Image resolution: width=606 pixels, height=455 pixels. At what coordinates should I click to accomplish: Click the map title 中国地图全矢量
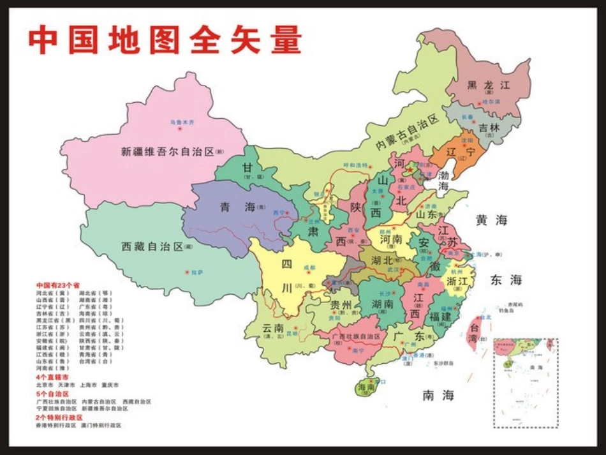[165, 40]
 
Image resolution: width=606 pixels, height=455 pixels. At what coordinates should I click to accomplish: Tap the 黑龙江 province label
[489, 85]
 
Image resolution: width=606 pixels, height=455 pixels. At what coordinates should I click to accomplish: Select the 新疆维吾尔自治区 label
[167, 152]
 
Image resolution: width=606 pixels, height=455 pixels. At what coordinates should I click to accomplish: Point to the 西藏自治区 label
[152, 246]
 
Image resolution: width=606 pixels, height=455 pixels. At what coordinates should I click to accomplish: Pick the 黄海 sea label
[491, 220]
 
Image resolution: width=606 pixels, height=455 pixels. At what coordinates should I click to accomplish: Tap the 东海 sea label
[506, 280]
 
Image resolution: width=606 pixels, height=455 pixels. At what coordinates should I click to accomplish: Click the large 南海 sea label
[438, 396]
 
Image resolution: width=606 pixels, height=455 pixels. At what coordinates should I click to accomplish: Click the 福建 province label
[441, 316]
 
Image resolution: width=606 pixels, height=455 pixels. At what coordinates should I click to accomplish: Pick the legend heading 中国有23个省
[57, 285]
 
